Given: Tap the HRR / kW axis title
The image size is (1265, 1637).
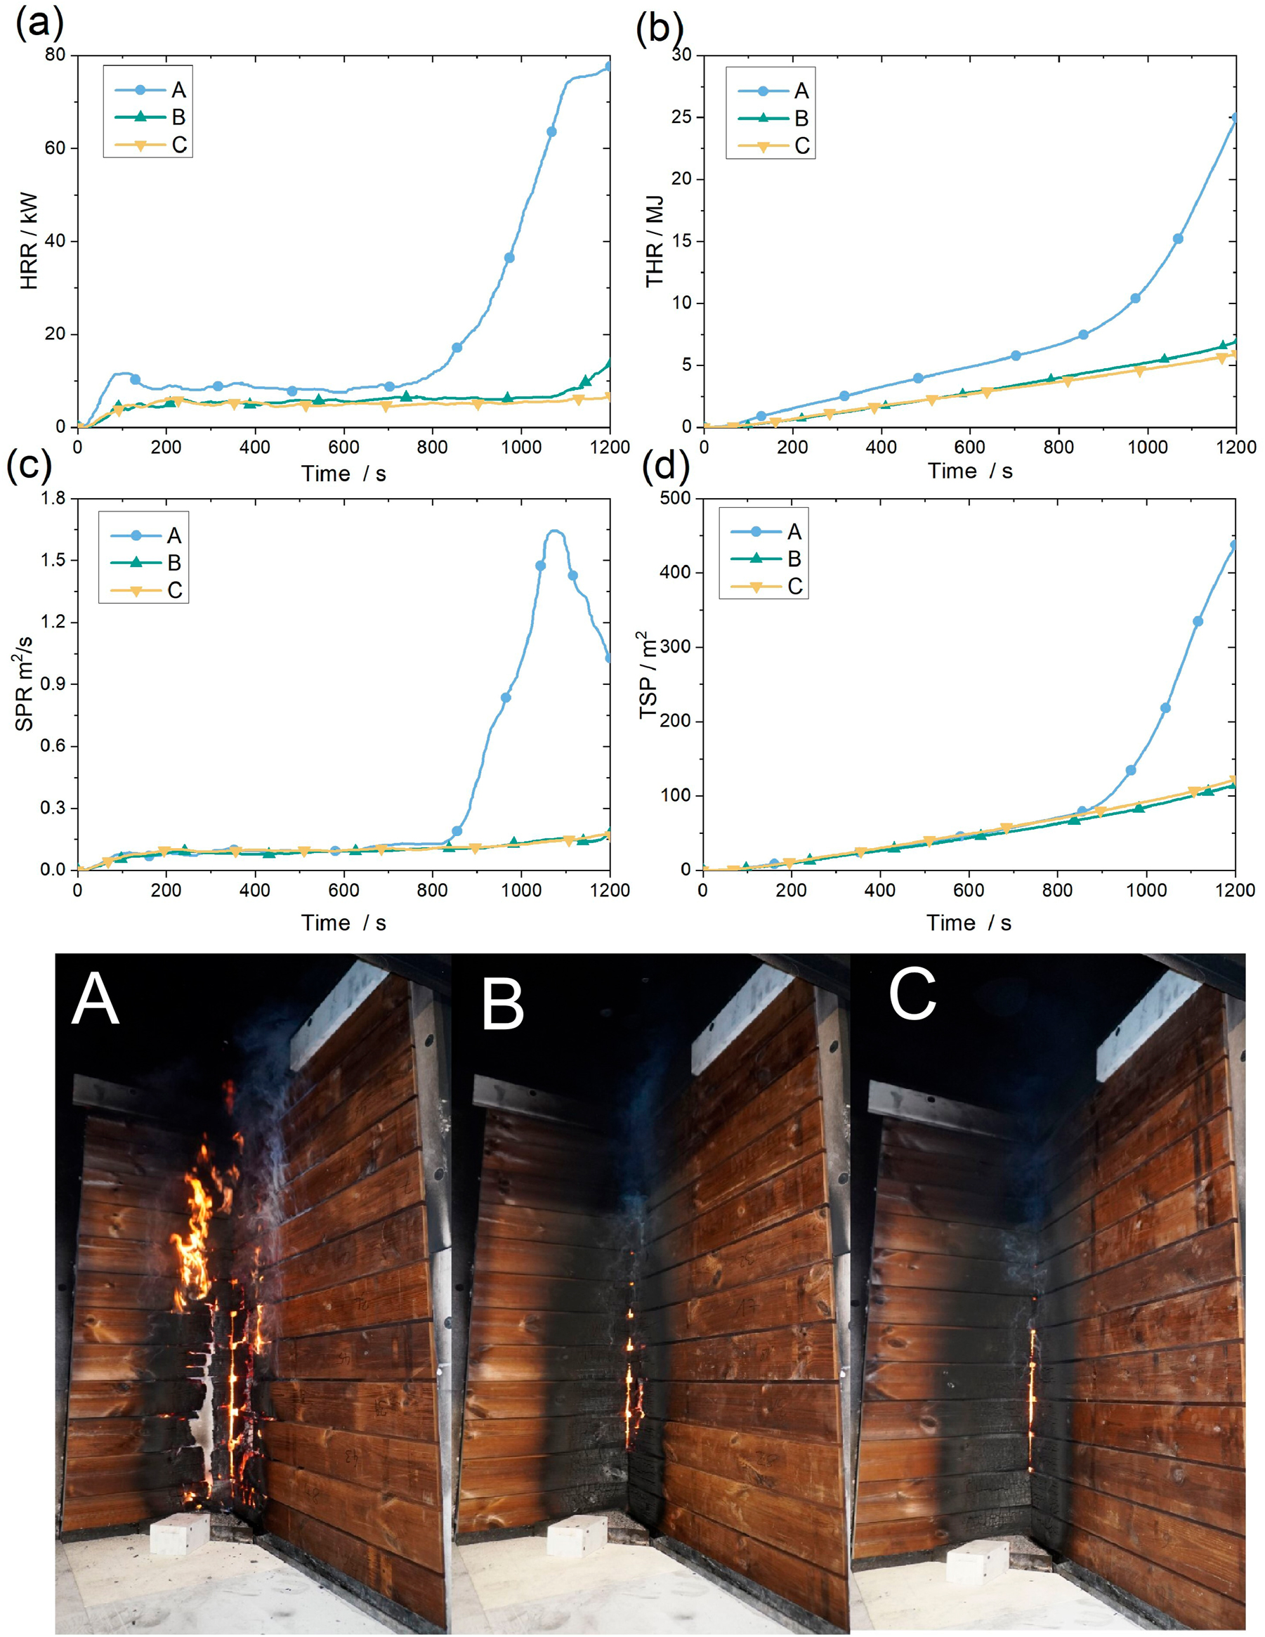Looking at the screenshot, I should pos(29,240).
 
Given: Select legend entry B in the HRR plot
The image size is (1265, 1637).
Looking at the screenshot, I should pos(150,117).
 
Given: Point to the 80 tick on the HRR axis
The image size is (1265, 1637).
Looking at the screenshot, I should pos(55,55).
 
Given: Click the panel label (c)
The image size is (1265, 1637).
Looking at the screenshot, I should pos(29,466).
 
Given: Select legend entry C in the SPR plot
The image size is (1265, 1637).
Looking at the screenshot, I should pos(146,591).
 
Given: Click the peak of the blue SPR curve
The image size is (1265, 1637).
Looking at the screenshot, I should pos(556,530).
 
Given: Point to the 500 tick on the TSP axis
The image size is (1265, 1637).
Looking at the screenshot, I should pos(675,498).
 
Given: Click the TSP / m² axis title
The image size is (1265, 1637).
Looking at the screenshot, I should pos(649,675).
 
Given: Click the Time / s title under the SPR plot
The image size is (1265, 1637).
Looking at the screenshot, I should pos(343,922).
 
